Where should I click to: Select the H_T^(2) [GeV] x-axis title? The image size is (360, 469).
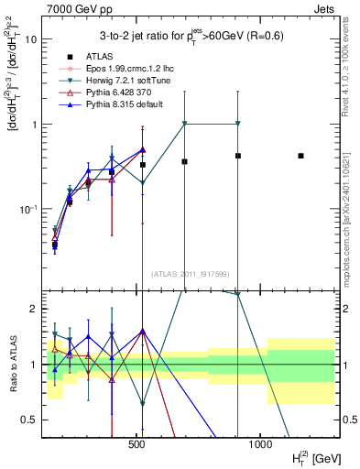point(311,456)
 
